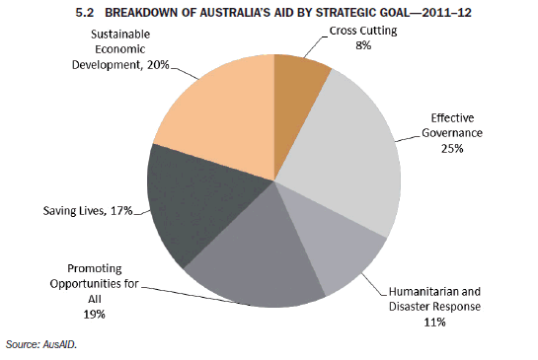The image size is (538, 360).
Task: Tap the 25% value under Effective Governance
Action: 453,148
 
